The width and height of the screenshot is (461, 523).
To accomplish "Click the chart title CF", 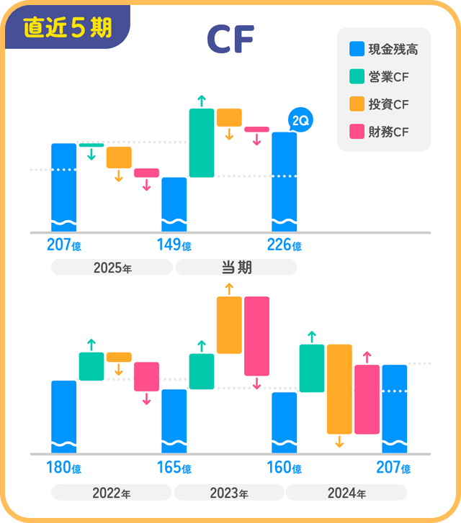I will click(x=230, y=40).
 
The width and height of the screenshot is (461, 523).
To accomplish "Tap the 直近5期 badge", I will click(x=67, y=27).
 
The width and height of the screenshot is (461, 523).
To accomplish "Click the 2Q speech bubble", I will click(x=299, y=120).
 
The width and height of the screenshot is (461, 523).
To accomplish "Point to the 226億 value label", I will click(x=284, y=245).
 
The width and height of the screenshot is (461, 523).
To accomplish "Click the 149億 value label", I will click(x=174, y=245).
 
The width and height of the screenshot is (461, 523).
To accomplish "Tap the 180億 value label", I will click(x=63, y=468).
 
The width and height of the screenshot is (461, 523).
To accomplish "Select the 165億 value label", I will click(x=174, y=468).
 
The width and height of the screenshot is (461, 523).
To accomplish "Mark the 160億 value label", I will click(x=284, y=468).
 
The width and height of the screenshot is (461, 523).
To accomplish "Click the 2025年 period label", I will click(x=112, y=268).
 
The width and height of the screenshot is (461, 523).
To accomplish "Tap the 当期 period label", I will click(x=236, y=268).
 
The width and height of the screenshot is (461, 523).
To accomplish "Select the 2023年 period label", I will click(x=229, y=494).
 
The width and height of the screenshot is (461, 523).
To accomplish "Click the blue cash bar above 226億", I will click(x=284, y=180).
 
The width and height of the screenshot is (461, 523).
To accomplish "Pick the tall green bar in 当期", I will click(x=202, y=142).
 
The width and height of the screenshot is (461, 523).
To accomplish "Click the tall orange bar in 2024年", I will click(x=339, y=388).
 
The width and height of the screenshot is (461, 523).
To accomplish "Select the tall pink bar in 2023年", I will click(x=256, y=335).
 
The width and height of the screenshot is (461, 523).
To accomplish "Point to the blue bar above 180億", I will click(x=63, y=416).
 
